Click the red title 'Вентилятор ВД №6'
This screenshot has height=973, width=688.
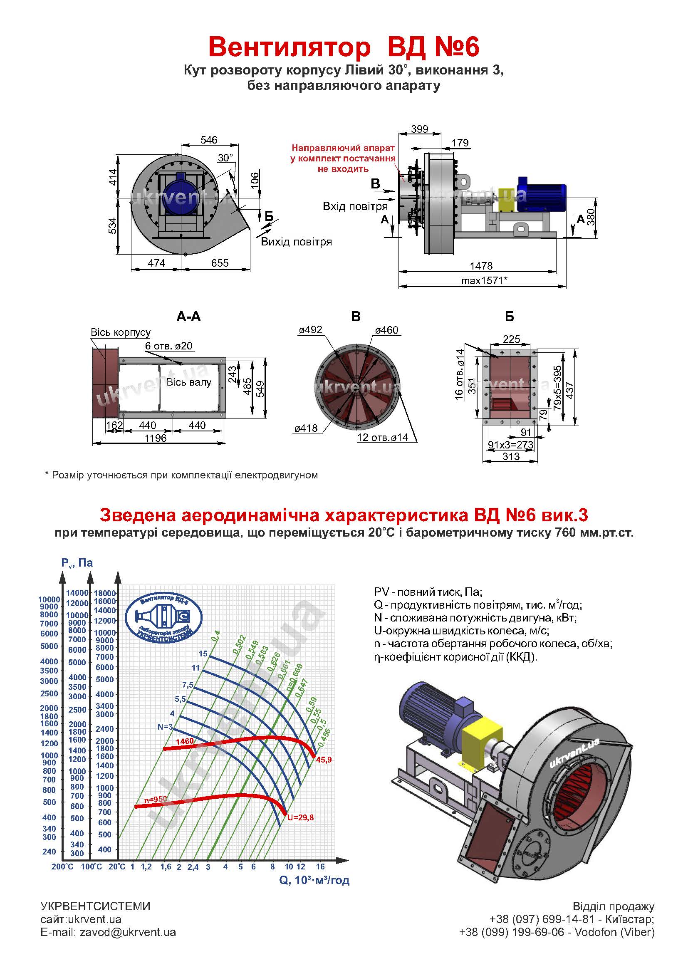click(344, 47)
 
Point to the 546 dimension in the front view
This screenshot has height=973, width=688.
click(209, 140)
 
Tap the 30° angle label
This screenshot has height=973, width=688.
click(225, 158)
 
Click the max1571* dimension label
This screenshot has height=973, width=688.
click(484, 280)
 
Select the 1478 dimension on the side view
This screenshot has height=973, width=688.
click(481, 266)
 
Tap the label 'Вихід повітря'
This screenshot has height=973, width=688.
click(296, 242)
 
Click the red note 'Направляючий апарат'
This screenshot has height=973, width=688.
click(343, 148)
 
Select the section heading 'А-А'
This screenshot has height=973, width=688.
click(188, 317)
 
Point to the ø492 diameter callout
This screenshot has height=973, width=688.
click(311, 330)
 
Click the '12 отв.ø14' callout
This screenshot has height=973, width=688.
click(382, 437)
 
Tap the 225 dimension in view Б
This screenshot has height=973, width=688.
click(511, 339)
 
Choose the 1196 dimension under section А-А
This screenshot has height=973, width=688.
click(156, 438)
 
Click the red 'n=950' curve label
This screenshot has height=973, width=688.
click(156, 799)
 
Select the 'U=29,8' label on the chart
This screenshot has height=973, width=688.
click(300, 817)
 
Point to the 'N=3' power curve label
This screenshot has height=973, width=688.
click(165, 727)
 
